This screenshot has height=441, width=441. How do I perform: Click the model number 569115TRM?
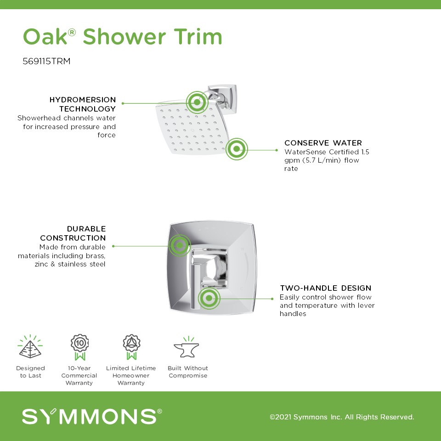click(x=46, y=61)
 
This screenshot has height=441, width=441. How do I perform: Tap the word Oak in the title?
click(x=45, y=37)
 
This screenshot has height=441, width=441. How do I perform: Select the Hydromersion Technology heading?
click(x=83, y=104)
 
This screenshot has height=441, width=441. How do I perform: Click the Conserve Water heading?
click(x=323, y=143)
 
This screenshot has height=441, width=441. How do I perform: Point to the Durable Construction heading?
click(x=73, y=233)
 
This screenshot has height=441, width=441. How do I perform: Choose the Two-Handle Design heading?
click(x=325, y=288)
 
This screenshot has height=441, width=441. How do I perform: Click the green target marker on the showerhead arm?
click(x=197, y=102)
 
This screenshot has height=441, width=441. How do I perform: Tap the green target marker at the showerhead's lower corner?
click(x=237, y=149)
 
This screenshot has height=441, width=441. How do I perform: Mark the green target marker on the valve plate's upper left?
click(x=180, y=245)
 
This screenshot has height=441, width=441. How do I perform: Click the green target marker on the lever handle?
click(x=209, y=298)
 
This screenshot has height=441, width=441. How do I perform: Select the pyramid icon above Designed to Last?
click(x=30, y=346)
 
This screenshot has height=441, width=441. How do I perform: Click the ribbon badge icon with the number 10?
click(x=79, y=347)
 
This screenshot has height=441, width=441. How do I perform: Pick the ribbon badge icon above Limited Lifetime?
click(x=131, y=347)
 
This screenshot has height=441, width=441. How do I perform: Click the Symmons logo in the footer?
click(x=92, y=416)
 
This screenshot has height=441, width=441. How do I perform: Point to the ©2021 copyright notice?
click(x=342, y=417)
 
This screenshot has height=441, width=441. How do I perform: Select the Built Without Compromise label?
click(x=187, y=372)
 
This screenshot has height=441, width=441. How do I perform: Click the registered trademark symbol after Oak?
click(x=72, y=33)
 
